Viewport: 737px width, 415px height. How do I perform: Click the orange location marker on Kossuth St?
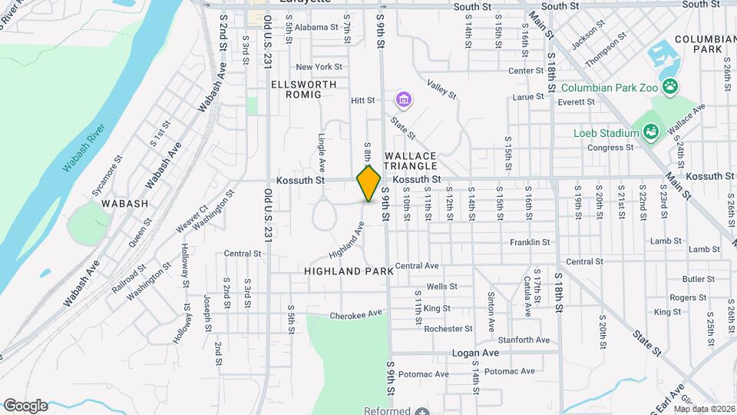[x=368, y=184]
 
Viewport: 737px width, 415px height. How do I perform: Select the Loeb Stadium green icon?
[x=651, y=133]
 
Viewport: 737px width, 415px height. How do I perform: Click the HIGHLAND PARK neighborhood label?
[x=349, y=271]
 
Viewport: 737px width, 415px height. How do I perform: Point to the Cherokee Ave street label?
[x=355, y=314]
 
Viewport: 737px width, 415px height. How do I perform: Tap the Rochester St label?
[x=448, y=329]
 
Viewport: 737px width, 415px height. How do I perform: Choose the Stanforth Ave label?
[x=524, y=340]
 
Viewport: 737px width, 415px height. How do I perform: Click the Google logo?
[x=25, y=405]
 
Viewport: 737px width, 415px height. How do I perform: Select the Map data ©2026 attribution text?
[x=704, y=409]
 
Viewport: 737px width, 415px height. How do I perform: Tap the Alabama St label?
[x=316, y=27]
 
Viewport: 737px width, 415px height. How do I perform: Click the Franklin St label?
[x=530, y=242]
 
